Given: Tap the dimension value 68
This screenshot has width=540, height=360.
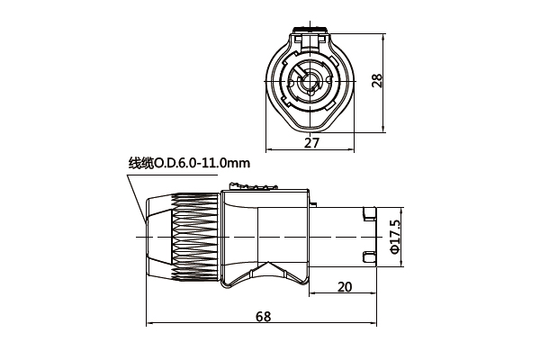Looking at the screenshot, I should point(263,317).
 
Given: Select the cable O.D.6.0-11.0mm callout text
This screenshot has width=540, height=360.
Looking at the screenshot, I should point(189,163).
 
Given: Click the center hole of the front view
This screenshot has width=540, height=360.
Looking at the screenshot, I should point(310,86).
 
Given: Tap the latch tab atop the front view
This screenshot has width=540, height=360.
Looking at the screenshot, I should point(310,37).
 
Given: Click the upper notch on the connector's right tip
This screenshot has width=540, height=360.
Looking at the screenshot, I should point(370,215).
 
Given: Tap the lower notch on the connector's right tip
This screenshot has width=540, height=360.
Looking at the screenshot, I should point(370,258).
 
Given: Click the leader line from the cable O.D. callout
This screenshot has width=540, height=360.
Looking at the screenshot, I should point(138,193).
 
